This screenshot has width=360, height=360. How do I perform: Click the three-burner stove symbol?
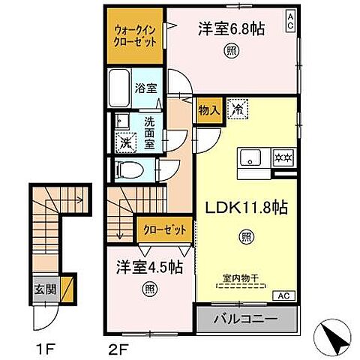click(x=283, y=159)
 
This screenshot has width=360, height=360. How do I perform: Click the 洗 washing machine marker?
click(x=123, y=140)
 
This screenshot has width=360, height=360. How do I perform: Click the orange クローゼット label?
click(x=163, y=230)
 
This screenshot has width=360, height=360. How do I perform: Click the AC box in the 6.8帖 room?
click(x=289, y=20)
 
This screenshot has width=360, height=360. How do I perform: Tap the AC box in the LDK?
click(x=286, y=295)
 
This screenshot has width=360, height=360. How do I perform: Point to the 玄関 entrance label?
click(x=42, y=286)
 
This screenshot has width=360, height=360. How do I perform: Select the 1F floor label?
click(x=43, y=348)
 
